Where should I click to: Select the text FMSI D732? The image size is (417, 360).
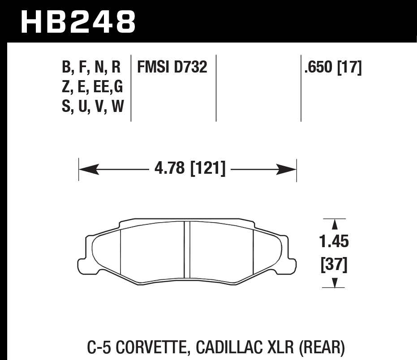point(172,68)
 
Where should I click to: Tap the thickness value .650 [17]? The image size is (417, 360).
point(333,68)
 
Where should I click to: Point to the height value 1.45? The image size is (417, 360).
point(334,242)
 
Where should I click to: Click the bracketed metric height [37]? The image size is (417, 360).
point(334,265)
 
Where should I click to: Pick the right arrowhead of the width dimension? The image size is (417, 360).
point(287,169)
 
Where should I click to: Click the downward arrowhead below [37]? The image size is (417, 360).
point(334,283)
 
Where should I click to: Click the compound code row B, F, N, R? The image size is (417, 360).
point(92,68)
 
